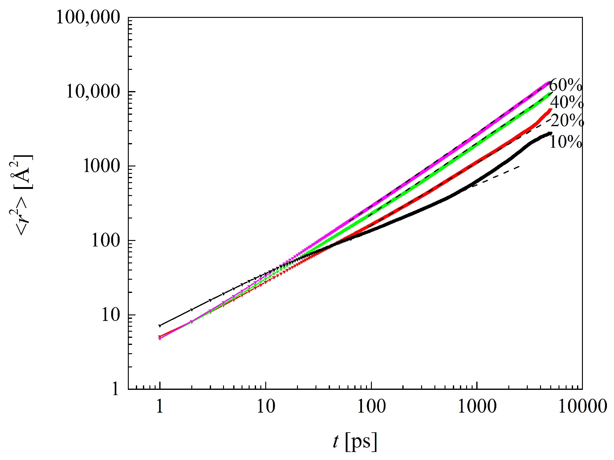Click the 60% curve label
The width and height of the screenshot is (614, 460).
pyautogui.click(x=566, y=85)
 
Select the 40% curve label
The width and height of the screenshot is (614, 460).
pyautogui.click(x=567, y=102)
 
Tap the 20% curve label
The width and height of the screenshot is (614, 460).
pyautogui.click(x=567, y=120)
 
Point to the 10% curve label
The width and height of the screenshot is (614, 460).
pyautogui.click(x=566, y=142)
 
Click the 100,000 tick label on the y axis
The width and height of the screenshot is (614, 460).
pyautogui.click(x=88, y=17)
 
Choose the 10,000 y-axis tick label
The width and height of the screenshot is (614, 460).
pyautogui.click(x=93, y=92)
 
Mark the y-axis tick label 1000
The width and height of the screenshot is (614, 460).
pyautogui.click(x=101, y=166)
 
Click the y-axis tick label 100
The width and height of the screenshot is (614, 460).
pyautogui.click(x=106, y=241)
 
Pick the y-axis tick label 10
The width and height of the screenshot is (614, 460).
pyautogui.click(x=110, y=315)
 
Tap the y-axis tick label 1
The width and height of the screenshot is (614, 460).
pyautogui.click(x=115, y=389)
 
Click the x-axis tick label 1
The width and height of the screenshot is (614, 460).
pyautogui.click(x=160, y=406)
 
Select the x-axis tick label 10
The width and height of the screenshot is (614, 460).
pyautogui.click(x=266, y=406)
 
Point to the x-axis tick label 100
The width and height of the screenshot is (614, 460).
pyautogui.click(x=371, y=406)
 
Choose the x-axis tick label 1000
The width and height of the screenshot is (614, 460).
pyautogui.click(x=477, y=406)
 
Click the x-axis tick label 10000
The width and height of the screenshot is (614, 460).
pyautogui.click(x=582, y=406)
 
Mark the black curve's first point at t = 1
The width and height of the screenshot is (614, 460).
pyautogui.click(x=160, y=326)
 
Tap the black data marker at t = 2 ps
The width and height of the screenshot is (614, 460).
pyautogui.click(x=192, y=310)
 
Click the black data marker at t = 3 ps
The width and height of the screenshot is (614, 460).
pyautogui.click(x=210, y=300)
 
